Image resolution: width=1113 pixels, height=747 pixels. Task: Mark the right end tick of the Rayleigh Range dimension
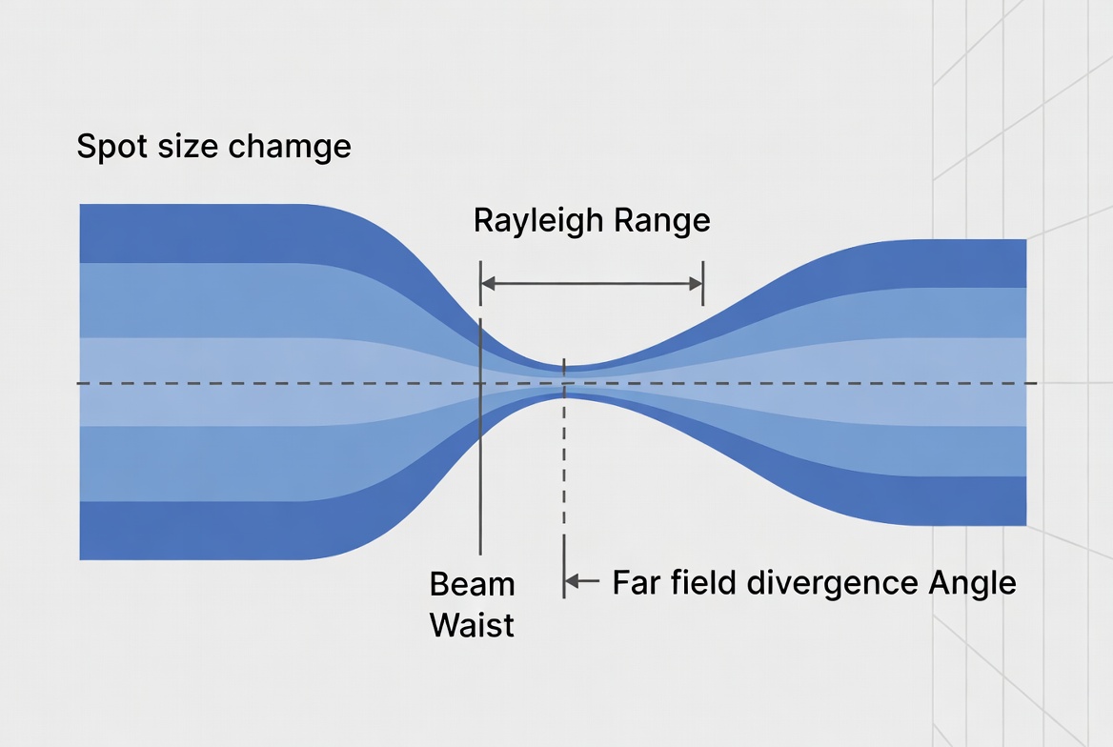tap(702, 283)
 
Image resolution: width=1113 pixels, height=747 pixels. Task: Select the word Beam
tap(472, 583)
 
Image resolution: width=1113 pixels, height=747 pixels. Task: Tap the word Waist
tap(472, 625)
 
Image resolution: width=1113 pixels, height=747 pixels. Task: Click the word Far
tap(635, 582)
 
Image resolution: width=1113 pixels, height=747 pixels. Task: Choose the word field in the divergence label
tap(702, 582)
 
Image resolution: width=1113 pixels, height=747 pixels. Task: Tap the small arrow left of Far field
tap(581, 580)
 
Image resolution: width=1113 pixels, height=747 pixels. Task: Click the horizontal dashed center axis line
tap(238, 383)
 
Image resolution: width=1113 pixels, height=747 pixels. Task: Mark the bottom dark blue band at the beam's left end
tap(191, 530)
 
